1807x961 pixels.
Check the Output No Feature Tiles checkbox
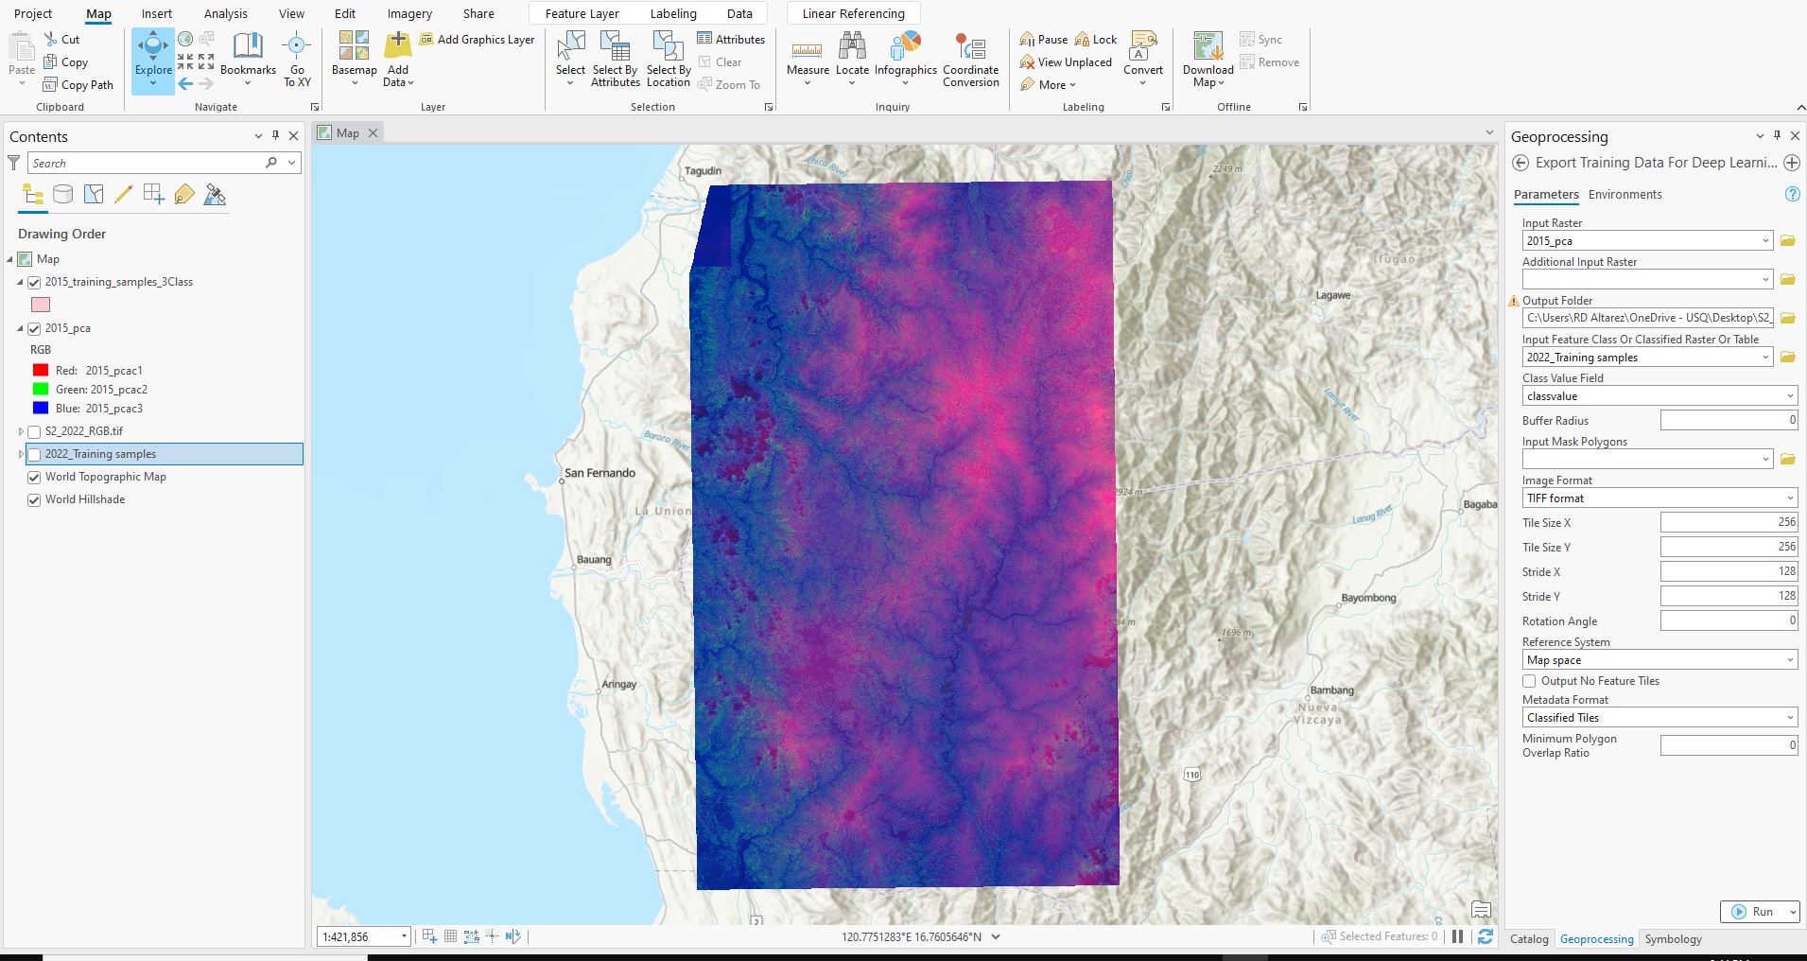pyautogui.click(x=1529, y=681)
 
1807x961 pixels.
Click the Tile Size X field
pyautogui.click(x=1729, y=522)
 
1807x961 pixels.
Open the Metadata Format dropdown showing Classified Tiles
pyautogui.click(x=1659, y=718)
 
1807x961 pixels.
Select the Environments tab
pyautogui.click(x=1625, y=195)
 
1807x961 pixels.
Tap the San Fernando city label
pyautogui.click(x=599, y=473)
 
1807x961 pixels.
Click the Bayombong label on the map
pyautogui.click(x=1368, y=598)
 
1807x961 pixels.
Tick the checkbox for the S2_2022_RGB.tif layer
pyautogui.click(x=35, y=431)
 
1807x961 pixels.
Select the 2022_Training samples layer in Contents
pyautogui.click(x=100, y=454)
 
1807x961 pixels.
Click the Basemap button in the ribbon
pyautogui.click(x=355, y=59)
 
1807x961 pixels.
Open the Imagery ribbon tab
pyautogui.click(x=409, y=13)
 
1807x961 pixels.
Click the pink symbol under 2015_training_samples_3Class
pyautogui.click(x=41, y=305)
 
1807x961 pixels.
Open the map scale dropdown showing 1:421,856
pyautogui.click(x=404, y=936)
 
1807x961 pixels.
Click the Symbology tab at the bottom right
pyautogui.click(x=1673, y=939)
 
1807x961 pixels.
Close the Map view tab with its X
pyautogui.click(x=374, y=133)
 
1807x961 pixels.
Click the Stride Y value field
pyautogui.click(x=1729, y=596)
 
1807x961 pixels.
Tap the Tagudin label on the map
pyautogui.click(x=703, y=171)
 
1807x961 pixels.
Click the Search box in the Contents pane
pyautogui.click(x=147, y=163)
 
